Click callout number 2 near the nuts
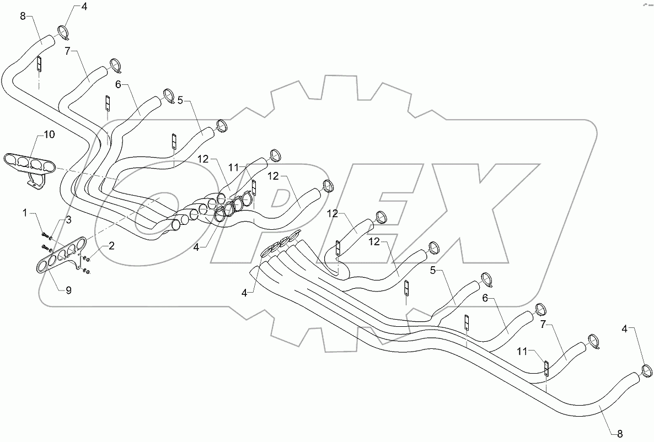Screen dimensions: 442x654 pos(111,246)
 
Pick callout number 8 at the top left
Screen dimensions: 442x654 pos(23,16)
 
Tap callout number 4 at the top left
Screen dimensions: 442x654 pos(84,7)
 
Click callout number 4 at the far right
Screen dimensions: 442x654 pos(625,329)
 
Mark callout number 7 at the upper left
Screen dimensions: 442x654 pos(67,51)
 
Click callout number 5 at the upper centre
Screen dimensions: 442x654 pos(180,102)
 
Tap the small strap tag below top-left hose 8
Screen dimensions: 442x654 pos(39,64)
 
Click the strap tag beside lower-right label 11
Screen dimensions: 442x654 pos(546,368)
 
